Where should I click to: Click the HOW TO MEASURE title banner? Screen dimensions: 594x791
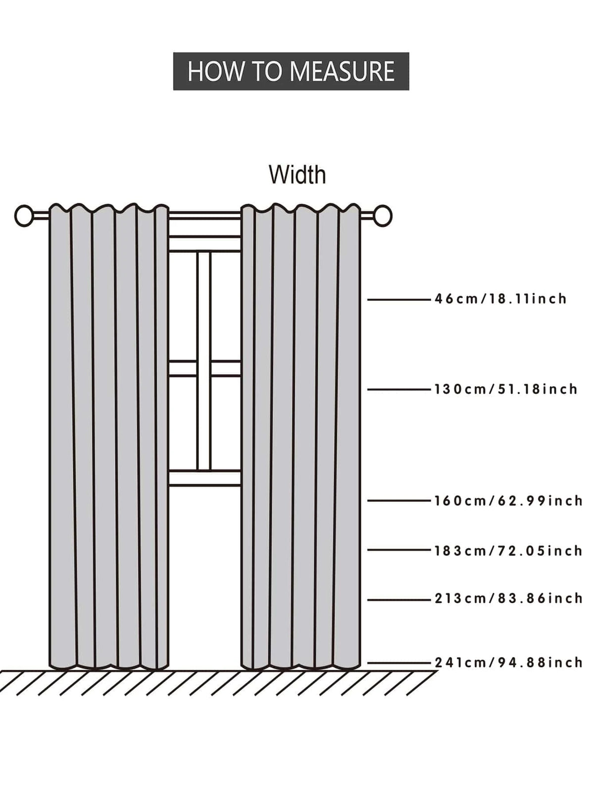[291, 71]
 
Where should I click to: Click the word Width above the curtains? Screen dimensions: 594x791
[297, 175]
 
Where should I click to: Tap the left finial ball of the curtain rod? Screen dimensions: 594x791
[24, 216]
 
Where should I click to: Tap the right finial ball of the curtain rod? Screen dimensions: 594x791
[383, 216]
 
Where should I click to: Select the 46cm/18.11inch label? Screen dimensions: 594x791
[500, 299]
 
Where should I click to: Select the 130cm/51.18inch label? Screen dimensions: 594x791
[506, 389]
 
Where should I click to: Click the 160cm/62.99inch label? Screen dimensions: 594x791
[508, 501]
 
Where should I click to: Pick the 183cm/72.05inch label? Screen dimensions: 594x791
[508, 551]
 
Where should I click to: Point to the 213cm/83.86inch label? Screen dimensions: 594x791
[508, 599]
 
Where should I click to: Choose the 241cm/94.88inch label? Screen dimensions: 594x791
[508, 663]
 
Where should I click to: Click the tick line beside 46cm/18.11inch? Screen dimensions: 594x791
[399, 299]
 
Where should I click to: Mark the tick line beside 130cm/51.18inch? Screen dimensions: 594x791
[399, 389]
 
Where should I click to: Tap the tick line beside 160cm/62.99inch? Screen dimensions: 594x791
[399, 501]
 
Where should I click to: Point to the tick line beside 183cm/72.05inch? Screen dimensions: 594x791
[399, 550]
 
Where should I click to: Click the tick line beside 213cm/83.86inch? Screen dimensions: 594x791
[399, 600]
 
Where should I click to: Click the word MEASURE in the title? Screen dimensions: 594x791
[343, 71]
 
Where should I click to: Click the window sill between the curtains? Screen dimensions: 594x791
[205, 478]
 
